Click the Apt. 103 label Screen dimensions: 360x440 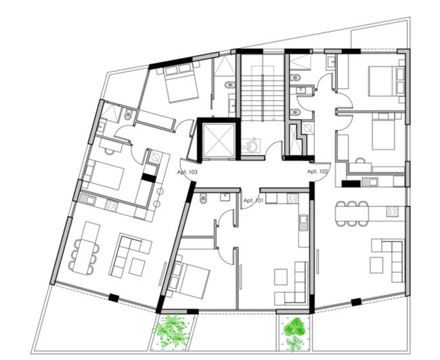tap(188, 172)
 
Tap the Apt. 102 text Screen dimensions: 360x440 tap(317, 172)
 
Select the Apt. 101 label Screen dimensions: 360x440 tap(252, 200)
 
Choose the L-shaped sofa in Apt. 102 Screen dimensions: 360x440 tap(386, 257)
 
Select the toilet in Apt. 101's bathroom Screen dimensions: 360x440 tap(205, 198)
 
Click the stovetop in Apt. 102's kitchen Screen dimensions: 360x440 tap(392, 210)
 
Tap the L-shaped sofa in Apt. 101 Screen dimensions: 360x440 tap(291, 284)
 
